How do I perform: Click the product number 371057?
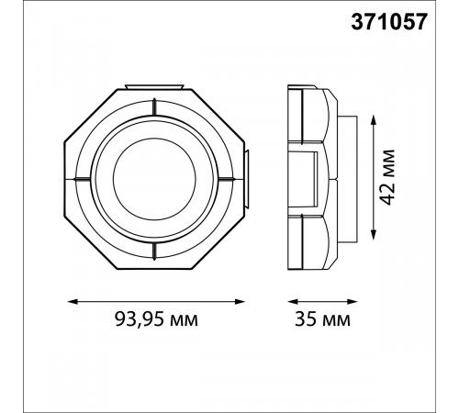point(389,23)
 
